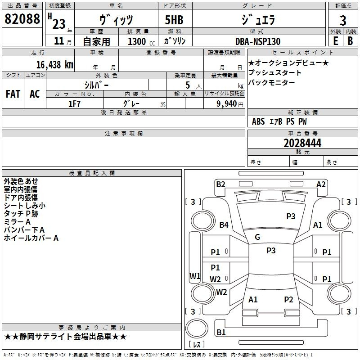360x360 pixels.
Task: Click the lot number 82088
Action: (22, 19)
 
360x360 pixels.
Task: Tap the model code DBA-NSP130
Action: (257, 41)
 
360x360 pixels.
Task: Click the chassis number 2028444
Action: (302, 143)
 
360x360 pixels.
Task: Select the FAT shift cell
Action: (13, 94)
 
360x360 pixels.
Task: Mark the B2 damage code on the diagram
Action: (220, 184)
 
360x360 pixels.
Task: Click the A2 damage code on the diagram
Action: (321, 184)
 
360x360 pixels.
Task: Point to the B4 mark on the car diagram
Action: (224, 225)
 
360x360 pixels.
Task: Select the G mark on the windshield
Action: (257, 237)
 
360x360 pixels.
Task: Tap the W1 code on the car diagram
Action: (194, 276)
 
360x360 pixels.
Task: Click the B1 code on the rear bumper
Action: (221, 332)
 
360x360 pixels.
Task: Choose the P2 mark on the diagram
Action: (288, 299)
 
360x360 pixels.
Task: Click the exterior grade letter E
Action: (335, 41)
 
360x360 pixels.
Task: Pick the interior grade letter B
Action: (351, 41)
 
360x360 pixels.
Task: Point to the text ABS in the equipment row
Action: (258, 121)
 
